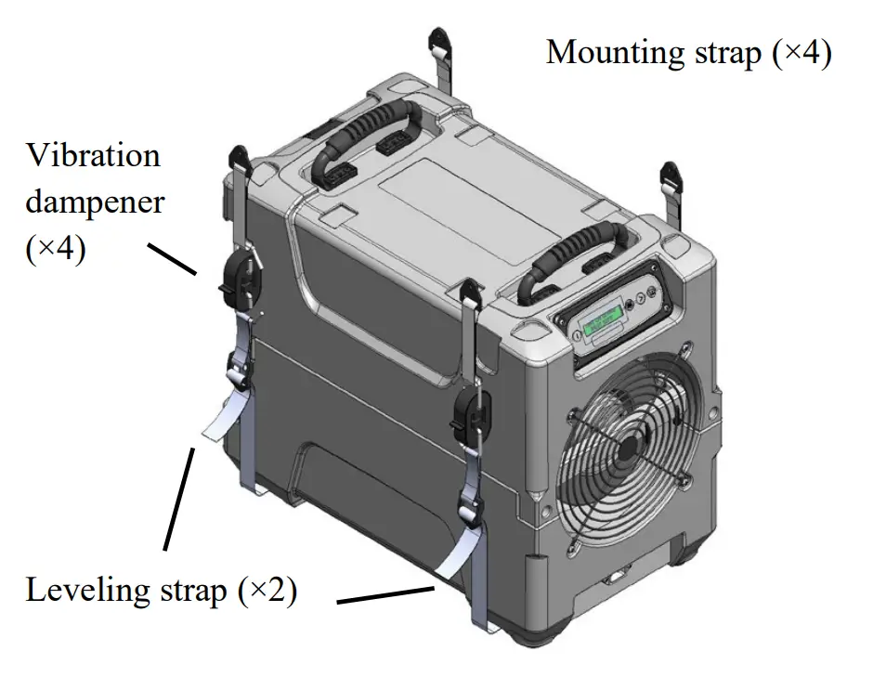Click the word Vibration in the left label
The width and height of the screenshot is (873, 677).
pos(93,155)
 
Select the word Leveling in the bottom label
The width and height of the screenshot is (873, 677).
pos(79,591)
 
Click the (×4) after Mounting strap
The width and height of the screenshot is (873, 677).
pos(801,53)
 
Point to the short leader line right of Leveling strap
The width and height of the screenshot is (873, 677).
pos(385,594)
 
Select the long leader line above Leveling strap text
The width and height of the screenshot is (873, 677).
pos(179,497)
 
